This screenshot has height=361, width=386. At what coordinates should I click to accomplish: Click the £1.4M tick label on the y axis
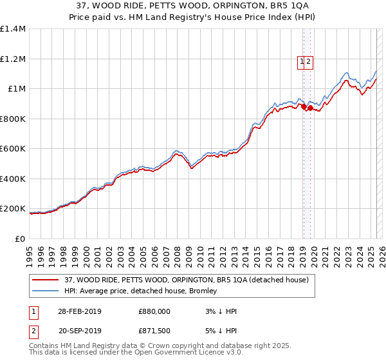(x=13, y=29)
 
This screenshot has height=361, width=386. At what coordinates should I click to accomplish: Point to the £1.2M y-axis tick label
(x=13, y=59)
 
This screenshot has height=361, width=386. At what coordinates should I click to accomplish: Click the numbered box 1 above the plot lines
(x=301, y=62)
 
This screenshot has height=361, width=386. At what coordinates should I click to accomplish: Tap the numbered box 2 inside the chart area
(x=308, y=62)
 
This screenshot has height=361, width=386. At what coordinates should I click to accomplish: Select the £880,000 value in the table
(x=154, y=311)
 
